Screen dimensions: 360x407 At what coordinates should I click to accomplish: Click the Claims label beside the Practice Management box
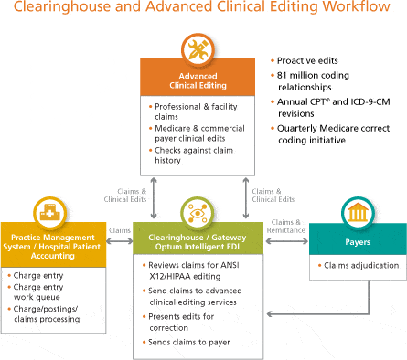point(119,230)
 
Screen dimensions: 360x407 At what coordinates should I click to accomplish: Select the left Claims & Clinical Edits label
point(119,195)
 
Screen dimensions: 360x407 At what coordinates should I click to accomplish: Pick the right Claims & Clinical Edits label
point(273,195)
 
